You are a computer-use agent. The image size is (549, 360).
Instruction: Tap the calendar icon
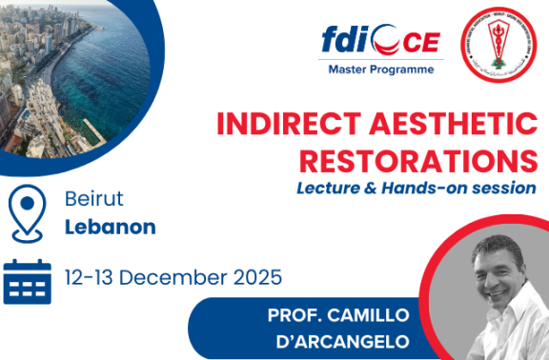pyautogui.click(x=27, y=279)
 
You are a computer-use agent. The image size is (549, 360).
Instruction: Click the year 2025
pyautogui.click(x=255, y=278)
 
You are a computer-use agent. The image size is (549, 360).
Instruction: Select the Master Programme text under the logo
pyautogui.click(x=380, y=70)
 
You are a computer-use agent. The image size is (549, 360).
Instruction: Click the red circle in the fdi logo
pyautogui.click(x=379, y=42)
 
